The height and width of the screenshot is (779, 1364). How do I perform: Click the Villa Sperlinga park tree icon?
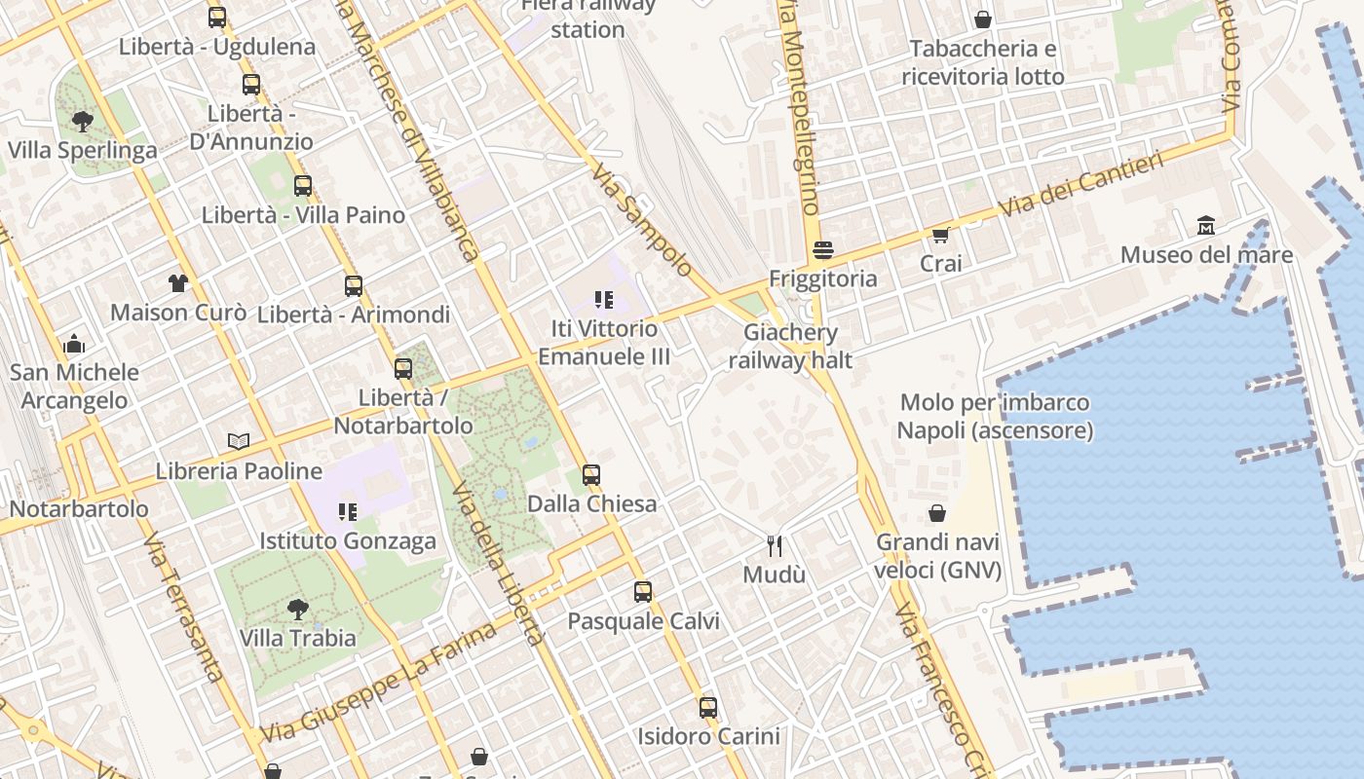[x=83, y=122]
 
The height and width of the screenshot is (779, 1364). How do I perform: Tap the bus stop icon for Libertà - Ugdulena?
[x=217, y=18]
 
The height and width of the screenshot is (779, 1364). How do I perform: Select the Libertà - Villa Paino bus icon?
[x=303, y=185]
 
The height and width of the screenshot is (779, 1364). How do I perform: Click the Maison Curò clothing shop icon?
[x=177, y=283]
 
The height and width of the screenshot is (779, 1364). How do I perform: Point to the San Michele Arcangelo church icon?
[x=74, y=344]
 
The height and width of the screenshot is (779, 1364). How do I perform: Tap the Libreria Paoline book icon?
[x=239, y=441]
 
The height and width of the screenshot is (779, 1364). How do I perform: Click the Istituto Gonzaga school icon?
[x=348, y=511]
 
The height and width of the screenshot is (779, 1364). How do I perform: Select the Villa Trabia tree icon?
[x=298, y=610]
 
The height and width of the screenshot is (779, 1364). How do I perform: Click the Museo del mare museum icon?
[x=1206, y=226]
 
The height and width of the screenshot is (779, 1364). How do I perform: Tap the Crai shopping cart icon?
[x=941, y=235]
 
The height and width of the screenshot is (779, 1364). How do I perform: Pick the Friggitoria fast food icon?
[x=823, y=250]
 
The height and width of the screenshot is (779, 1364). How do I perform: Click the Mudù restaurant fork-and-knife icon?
[x=775, y=545]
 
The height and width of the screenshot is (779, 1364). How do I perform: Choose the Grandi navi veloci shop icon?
[x=937, y=513]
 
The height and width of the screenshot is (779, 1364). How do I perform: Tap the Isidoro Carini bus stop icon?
[x=708, y=708]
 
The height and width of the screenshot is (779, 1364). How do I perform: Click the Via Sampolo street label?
[x=642, y=221]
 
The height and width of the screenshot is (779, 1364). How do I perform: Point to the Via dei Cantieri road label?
[x=1081, y=185]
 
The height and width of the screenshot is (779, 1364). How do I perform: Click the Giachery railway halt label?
[x=790, y=346]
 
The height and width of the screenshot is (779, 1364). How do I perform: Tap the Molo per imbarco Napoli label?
[x=994, y=416]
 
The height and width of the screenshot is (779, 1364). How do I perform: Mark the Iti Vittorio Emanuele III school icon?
[x=604, y=300]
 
